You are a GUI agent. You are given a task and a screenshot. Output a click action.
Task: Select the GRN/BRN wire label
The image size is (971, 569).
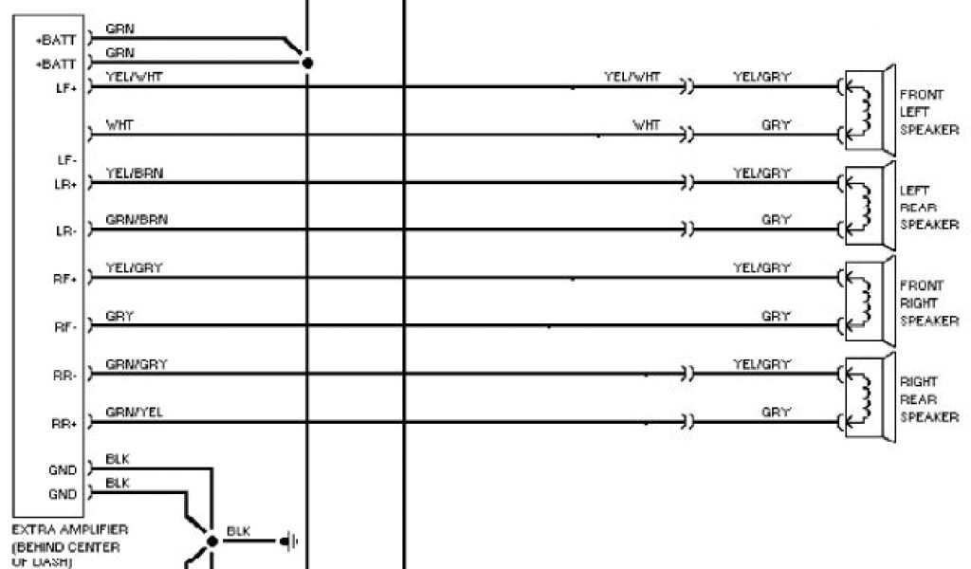click(128, 220)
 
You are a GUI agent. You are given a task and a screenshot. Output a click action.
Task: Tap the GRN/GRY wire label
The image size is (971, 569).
click(128, 364)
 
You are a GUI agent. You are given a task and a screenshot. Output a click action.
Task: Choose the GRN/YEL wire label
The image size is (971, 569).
click(128, 413)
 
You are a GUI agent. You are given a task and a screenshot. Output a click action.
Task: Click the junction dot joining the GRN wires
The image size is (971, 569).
click(306, 64)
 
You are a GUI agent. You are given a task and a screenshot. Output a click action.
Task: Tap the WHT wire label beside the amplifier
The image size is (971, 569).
click(119, 124)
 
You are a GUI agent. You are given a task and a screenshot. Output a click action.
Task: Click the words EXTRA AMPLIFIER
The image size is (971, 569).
click(70, 528)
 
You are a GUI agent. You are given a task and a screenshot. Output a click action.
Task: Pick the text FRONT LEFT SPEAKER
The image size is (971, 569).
click(927, 112)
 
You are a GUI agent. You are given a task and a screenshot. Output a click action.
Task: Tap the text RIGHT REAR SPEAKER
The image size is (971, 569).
click(927, 399)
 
